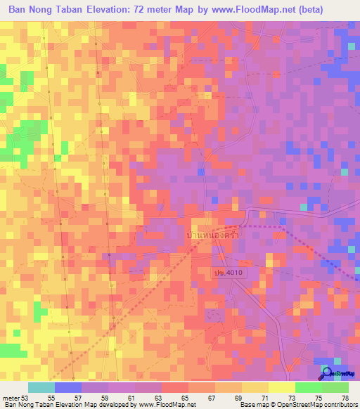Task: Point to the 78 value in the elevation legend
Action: [345, 398]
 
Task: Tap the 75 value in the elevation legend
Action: [318, 398]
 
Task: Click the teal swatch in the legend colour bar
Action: [41, 387]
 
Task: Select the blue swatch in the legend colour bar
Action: [68, 387]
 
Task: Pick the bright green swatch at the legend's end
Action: [335, 387]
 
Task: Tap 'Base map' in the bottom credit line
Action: [254, 405]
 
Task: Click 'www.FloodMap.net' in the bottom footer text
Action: [167, 405]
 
